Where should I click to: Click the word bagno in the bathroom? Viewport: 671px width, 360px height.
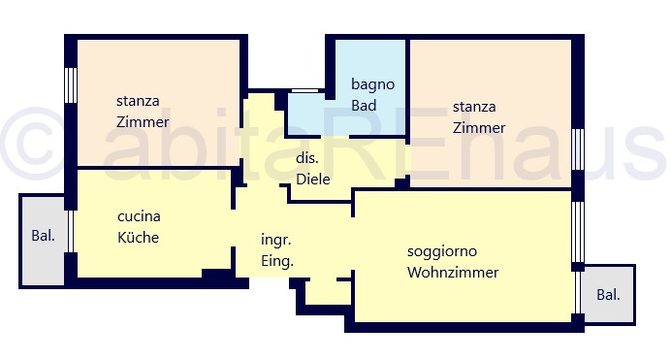click(x=372, y=84)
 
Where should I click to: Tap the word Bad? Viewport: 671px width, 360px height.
click(x=364, y=106)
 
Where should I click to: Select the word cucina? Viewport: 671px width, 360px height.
click(x=139, y=216)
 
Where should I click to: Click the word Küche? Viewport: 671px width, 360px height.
click(x=138, y=237)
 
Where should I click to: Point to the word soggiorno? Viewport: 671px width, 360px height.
click(x=442, y=251)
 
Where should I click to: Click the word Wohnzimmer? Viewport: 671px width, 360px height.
click(x=453, y=273)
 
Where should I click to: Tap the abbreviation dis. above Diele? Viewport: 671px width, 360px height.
click(x=307, y=158)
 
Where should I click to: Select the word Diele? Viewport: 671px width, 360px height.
click(x=313, y=179)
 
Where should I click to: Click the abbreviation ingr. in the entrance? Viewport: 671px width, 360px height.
click(x=276, y=240)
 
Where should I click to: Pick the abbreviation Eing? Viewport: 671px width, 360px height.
click(x=277, y=261)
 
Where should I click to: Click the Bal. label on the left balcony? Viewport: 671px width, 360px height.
click(x=44, y=236)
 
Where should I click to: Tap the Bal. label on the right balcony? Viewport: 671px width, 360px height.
click(x=608, y=295)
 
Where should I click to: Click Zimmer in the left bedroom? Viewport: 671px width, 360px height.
click(x=143, y=122)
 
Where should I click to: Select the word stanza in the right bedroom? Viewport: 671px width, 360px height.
click(x=474, y=107)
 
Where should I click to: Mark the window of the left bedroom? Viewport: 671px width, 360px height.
click(x=71, y=85)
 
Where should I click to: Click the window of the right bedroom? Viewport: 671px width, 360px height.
click(x=578, y=149)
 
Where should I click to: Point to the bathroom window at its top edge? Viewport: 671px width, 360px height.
click(x=304, y=91)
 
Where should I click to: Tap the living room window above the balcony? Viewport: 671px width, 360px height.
click(x=578, y=232)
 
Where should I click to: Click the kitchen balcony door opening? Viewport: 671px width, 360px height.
click(x=71, y=231)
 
